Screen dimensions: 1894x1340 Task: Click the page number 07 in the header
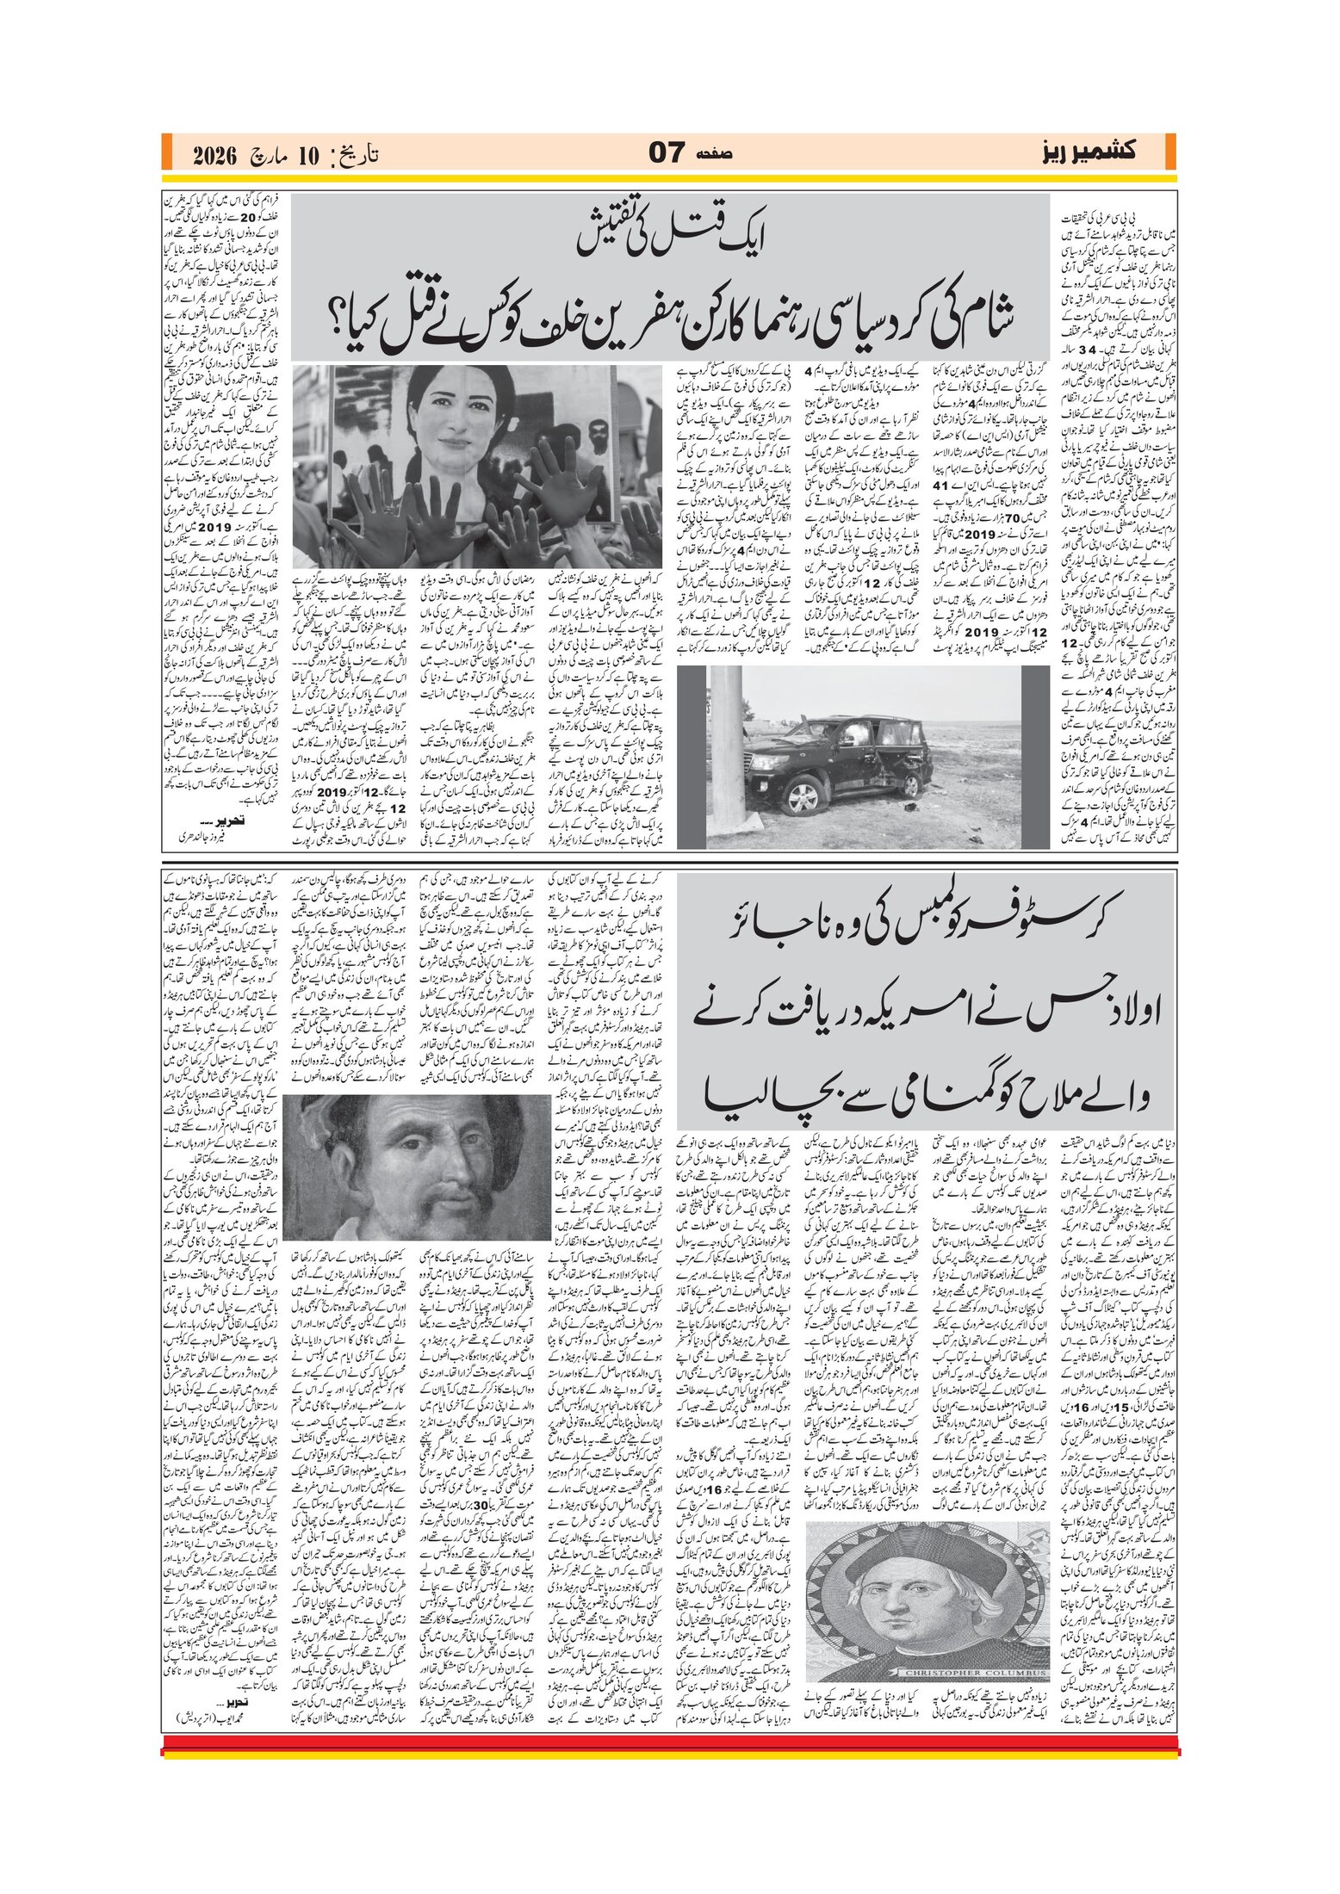pos(666,153)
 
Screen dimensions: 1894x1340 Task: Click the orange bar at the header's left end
pos(166,152)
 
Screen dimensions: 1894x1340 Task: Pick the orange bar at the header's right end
pos(1170,152)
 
